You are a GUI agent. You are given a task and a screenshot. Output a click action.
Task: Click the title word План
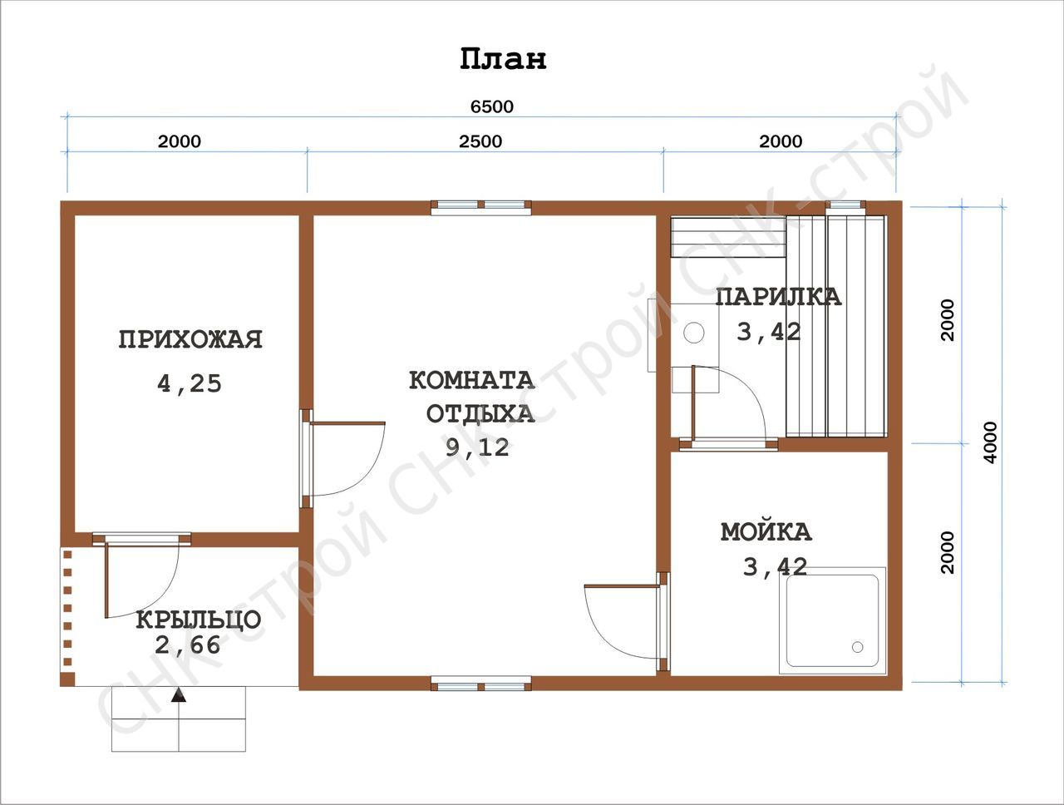[x=503, y=59]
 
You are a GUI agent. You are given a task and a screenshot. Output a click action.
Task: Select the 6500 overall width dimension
[x=492, y=106]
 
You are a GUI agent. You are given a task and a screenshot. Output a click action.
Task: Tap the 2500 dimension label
[x=480, y=141]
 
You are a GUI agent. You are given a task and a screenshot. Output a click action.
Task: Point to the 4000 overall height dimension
[x=992, y=442]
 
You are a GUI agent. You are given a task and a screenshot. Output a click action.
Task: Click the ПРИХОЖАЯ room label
[x=190, y=339]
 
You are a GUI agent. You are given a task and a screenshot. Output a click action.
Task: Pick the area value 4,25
[x=190, y=384]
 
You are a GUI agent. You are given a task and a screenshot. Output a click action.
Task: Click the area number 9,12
[x=478, y=447]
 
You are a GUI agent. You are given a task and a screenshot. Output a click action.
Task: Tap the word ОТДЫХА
[x=480, y=413]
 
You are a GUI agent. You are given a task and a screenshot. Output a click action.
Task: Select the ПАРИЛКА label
[x=779, y=297]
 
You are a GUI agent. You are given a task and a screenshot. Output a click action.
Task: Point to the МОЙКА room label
[x=766, y=532]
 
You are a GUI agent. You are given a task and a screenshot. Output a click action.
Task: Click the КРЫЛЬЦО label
[x=199, y=620]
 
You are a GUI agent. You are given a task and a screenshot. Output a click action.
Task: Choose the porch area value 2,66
[x=188, y=645]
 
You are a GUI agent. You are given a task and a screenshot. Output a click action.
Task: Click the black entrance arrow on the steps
[x=179, y=695]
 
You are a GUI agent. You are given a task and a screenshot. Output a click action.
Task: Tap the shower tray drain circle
[x=858, y=647]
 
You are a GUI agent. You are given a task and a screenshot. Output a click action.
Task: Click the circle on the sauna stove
[x=693, y=333]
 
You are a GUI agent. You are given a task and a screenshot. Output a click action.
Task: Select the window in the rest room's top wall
[x=481, y=207]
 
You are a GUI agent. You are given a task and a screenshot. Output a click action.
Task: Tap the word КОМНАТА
[x=472, y=381]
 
